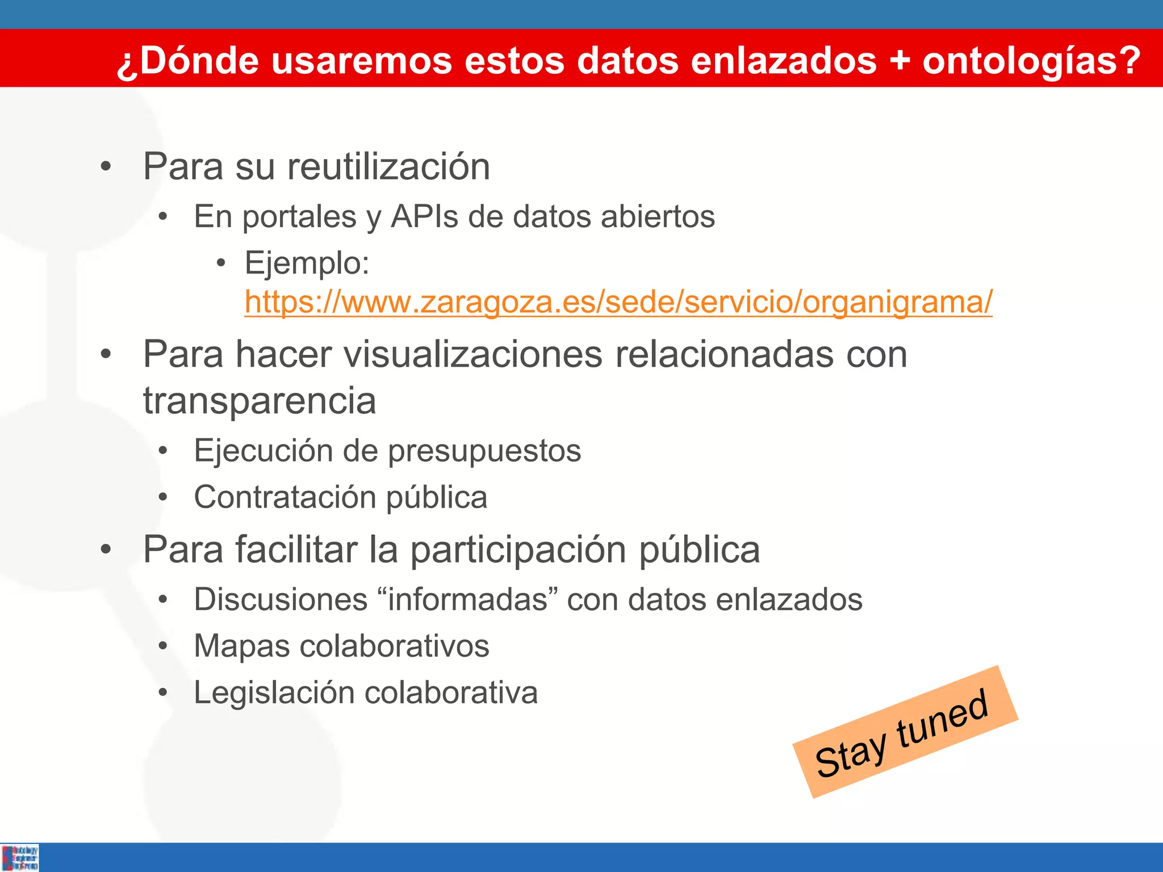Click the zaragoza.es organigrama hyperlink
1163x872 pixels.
coord(618,302)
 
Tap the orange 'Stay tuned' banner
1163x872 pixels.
coord(904,732)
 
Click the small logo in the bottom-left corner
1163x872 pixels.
coord(20,857)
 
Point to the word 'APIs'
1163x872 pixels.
coord(424,217)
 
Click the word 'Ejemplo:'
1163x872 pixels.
coord(307,263)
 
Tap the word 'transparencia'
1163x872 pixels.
coord(260,401)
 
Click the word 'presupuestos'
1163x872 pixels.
coord(484,451)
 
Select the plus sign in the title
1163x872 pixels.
coord(900,61)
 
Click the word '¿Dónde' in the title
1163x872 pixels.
coord(188,61)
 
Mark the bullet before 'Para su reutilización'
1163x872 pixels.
coord(106,167)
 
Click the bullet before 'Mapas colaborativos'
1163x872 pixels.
coord(164,646)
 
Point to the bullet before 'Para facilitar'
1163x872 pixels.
coord(106,550)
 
